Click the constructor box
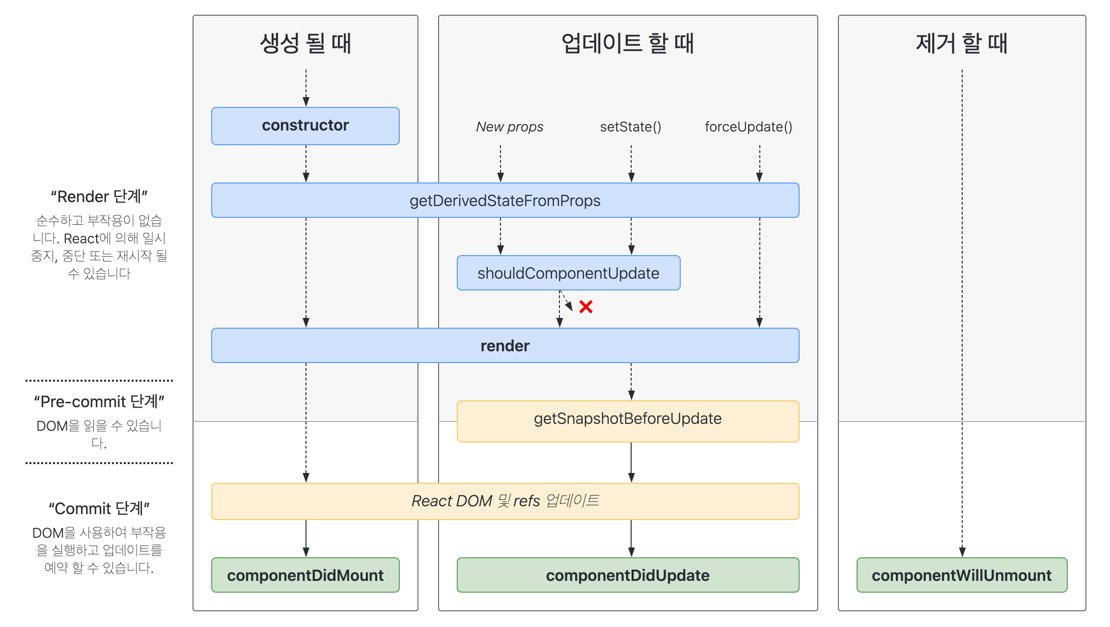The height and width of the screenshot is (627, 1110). click(x=305, y=126)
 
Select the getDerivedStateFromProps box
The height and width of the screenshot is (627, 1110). click(x=505, y=200)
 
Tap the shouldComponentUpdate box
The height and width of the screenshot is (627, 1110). click(x=568, y=273)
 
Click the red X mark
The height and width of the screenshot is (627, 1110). click(x=585, y=307)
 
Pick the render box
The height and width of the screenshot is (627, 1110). click(x=505, y=345)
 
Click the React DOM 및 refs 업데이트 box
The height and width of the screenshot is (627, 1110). click(x=505, y=501)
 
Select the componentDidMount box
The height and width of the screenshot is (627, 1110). click(x=305, y=575)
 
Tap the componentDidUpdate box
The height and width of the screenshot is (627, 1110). click(x=628, y=575)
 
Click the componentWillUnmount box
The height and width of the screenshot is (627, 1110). click(x=962, y=575)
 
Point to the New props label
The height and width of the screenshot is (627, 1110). click(x=509, y=127)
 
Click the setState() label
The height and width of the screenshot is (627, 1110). click(x=631, y=127)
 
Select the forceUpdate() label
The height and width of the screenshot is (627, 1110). click(x=749, y=127)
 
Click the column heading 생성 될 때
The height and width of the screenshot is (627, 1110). click(x=305, y=43)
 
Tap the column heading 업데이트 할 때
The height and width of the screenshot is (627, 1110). click(x=628, y=43)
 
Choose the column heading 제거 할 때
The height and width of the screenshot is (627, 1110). click(x=962, y=43)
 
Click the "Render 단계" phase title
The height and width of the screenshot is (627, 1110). click(x=99, y=197)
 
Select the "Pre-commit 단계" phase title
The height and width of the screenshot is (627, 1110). click(x=99, y=402)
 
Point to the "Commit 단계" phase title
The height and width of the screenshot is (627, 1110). click(x=99, y=509)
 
